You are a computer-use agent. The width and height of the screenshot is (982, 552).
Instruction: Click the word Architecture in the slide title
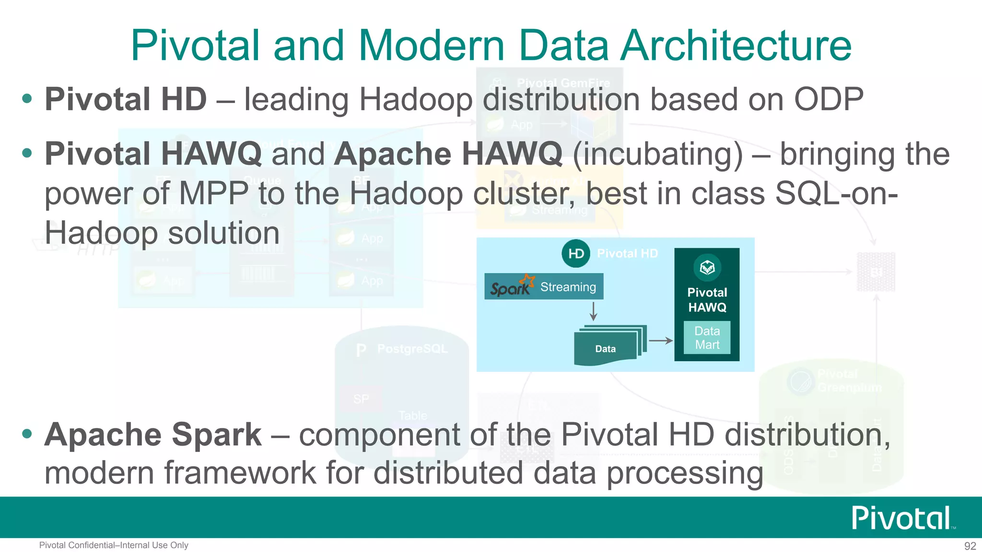tap(736, 46)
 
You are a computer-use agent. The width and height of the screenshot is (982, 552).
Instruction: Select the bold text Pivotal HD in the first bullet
tap(126, 99)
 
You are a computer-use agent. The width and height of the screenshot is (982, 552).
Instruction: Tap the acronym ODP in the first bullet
tap(829, 99)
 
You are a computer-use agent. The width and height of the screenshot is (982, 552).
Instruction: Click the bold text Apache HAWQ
tap(448, 154)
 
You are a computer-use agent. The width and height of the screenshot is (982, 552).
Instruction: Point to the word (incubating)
tap(657, 155)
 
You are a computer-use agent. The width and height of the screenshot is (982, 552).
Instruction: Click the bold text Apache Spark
tap(153, 434)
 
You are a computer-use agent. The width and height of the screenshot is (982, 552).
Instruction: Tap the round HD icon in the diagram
tap(575, 253)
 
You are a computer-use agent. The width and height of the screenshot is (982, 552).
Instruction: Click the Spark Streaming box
tap(544, 287)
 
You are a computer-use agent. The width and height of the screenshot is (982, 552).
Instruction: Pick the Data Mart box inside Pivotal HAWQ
tap(707, 338)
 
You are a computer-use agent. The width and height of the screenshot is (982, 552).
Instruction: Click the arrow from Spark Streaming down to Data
tap(594, 311)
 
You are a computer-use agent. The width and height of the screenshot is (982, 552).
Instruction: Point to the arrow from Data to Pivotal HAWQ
tap(660, 341)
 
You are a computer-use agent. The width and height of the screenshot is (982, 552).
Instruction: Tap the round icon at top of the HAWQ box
tap(707, 267)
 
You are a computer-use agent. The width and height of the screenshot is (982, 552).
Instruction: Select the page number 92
tap(970, 546)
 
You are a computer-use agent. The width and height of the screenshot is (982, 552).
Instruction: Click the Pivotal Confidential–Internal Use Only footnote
tap(114, 545)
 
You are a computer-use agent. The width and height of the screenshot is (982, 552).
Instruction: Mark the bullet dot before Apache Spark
tap(27, 434)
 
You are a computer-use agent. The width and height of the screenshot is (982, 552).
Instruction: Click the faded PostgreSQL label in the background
tap(412, 349)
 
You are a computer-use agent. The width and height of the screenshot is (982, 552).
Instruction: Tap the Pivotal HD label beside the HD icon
tap(627, 253)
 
